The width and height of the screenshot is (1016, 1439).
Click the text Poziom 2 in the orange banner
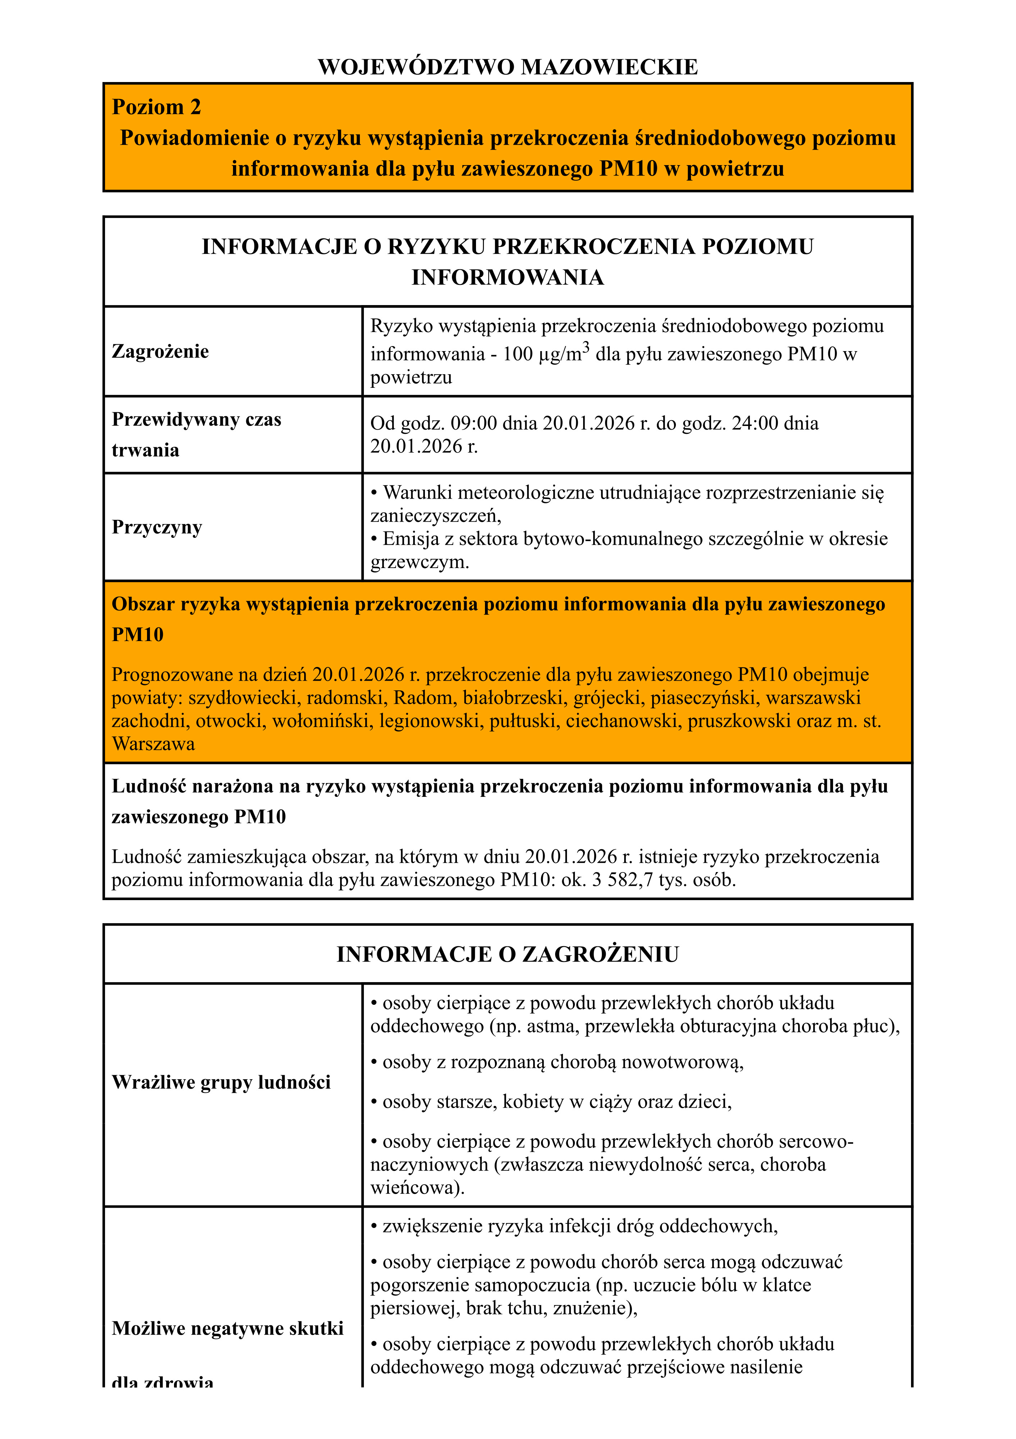(156, 107)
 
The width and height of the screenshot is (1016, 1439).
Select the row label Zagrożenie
(160, 351)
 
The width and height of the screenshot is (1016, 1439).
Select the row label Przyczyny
(157, 527)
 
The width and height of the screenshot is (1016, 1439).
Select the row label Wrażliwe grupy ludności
(221, 1082)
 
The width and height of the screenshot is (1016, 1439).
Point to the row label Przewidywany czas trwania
(196, 434)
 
